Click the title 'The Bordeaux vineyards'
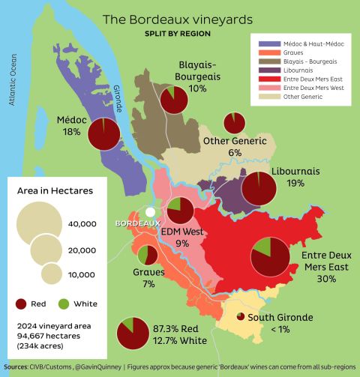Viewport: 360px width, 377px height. click(177, 19)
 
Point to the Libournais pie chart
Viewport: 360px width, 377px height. click(259, 187)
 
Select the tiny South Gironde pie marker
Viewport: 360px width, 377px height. click(240, 317)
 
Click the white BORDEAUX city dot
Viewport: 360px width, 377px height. click(151, 212)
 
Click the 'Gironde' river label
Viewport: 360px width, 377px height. click(118, 98)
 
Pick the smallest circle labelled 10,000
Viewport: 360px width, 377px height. click(51, 274)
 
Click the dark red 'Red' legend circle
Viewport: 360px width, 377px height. click(22, 304)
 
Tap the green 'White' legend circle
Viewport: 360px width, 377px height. click(64, 304)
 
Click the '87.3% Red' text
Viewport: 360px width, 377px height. click(175, 328)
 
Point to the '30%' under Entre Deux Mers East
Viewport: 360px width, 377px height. click(325, 278)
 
